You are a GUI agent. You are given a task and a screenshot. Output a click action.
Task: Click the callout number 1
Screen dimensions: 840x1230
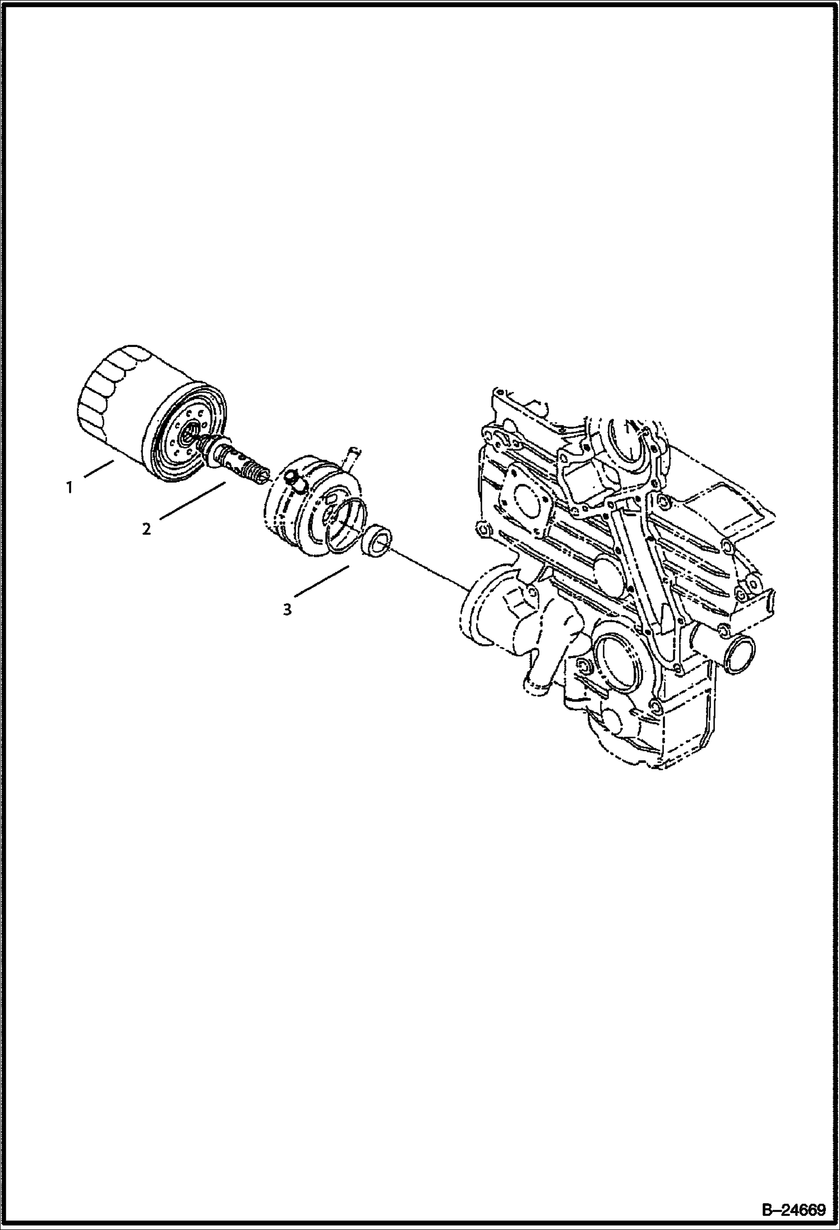[x=69, y=488]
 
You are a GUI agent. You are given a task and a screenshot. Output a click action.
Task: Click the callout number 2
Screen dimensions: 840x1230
[x=146, y=529]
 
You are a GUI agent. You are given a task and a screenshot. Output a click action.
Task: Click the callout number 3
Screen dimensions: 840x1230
[x=287, y=609]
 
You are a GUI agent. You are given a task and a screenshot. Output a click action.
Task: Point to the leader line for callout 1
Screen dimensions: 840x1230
[x=99, y=468]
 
